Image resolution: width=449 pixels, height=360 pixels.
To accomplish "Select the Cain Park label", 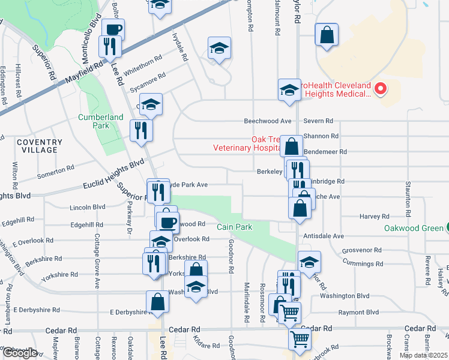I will pyautogui.click(x=235, y=227).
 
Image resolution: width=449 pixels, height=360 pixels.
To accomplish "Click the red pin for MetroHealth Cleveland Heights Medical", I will pyautogui.click(x=379, y=90).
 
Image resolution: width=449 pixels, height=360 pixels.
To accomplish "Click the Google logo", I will pyautogui.click(x=19, y=353).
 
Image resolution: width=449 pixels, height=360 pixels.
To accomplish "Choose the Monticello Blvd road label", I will pyautogui.click(x=93, y=35).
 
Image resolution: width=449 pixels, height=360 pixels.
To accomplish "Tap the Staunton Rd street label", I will pyautogui.click(x=408, y=198).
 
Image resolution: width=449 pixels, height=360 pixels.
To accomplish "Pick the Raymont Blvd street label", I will pyautogui.click(x=358, y=313).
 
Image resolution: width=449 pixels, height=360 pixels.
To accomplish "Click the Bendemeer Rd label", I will pyautogui.click(x=325, y=152).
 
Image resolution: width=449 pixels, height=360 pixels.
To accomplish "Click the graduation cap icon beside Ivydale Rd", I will pyautogui.click(x=219, y=49).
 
